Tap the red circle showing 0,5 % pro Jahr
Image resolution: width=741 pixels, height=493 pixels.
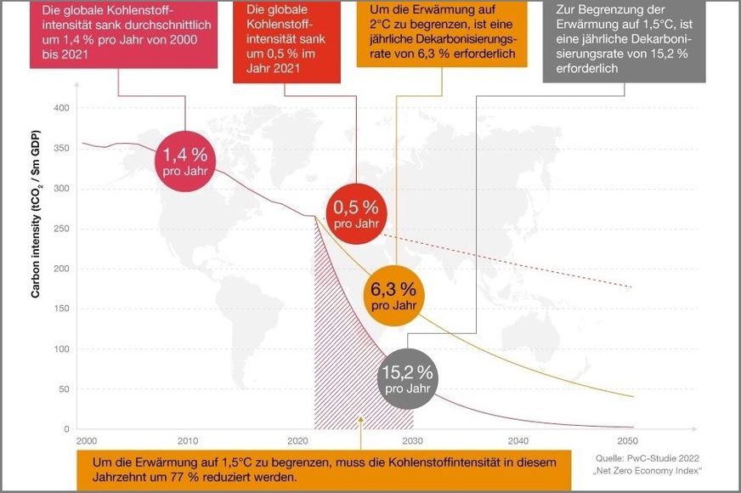pos(355,212)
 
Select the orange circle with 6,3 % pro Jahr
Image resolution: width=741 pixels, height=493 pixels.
pos(393,294)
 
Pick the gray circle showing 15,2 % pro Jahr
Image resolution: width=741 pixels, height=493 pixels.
pos(407,377)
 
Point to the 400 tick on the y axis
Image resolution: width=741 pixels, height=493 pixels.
pos(60,109)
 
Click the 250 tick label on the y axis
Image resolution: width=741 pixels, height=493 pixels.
pos(60,229)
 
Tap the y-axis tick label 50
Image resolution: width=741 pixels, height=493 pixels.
pos(63,389)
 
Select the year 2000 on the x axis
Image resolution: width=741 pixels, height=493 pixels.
pos(86,441)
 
